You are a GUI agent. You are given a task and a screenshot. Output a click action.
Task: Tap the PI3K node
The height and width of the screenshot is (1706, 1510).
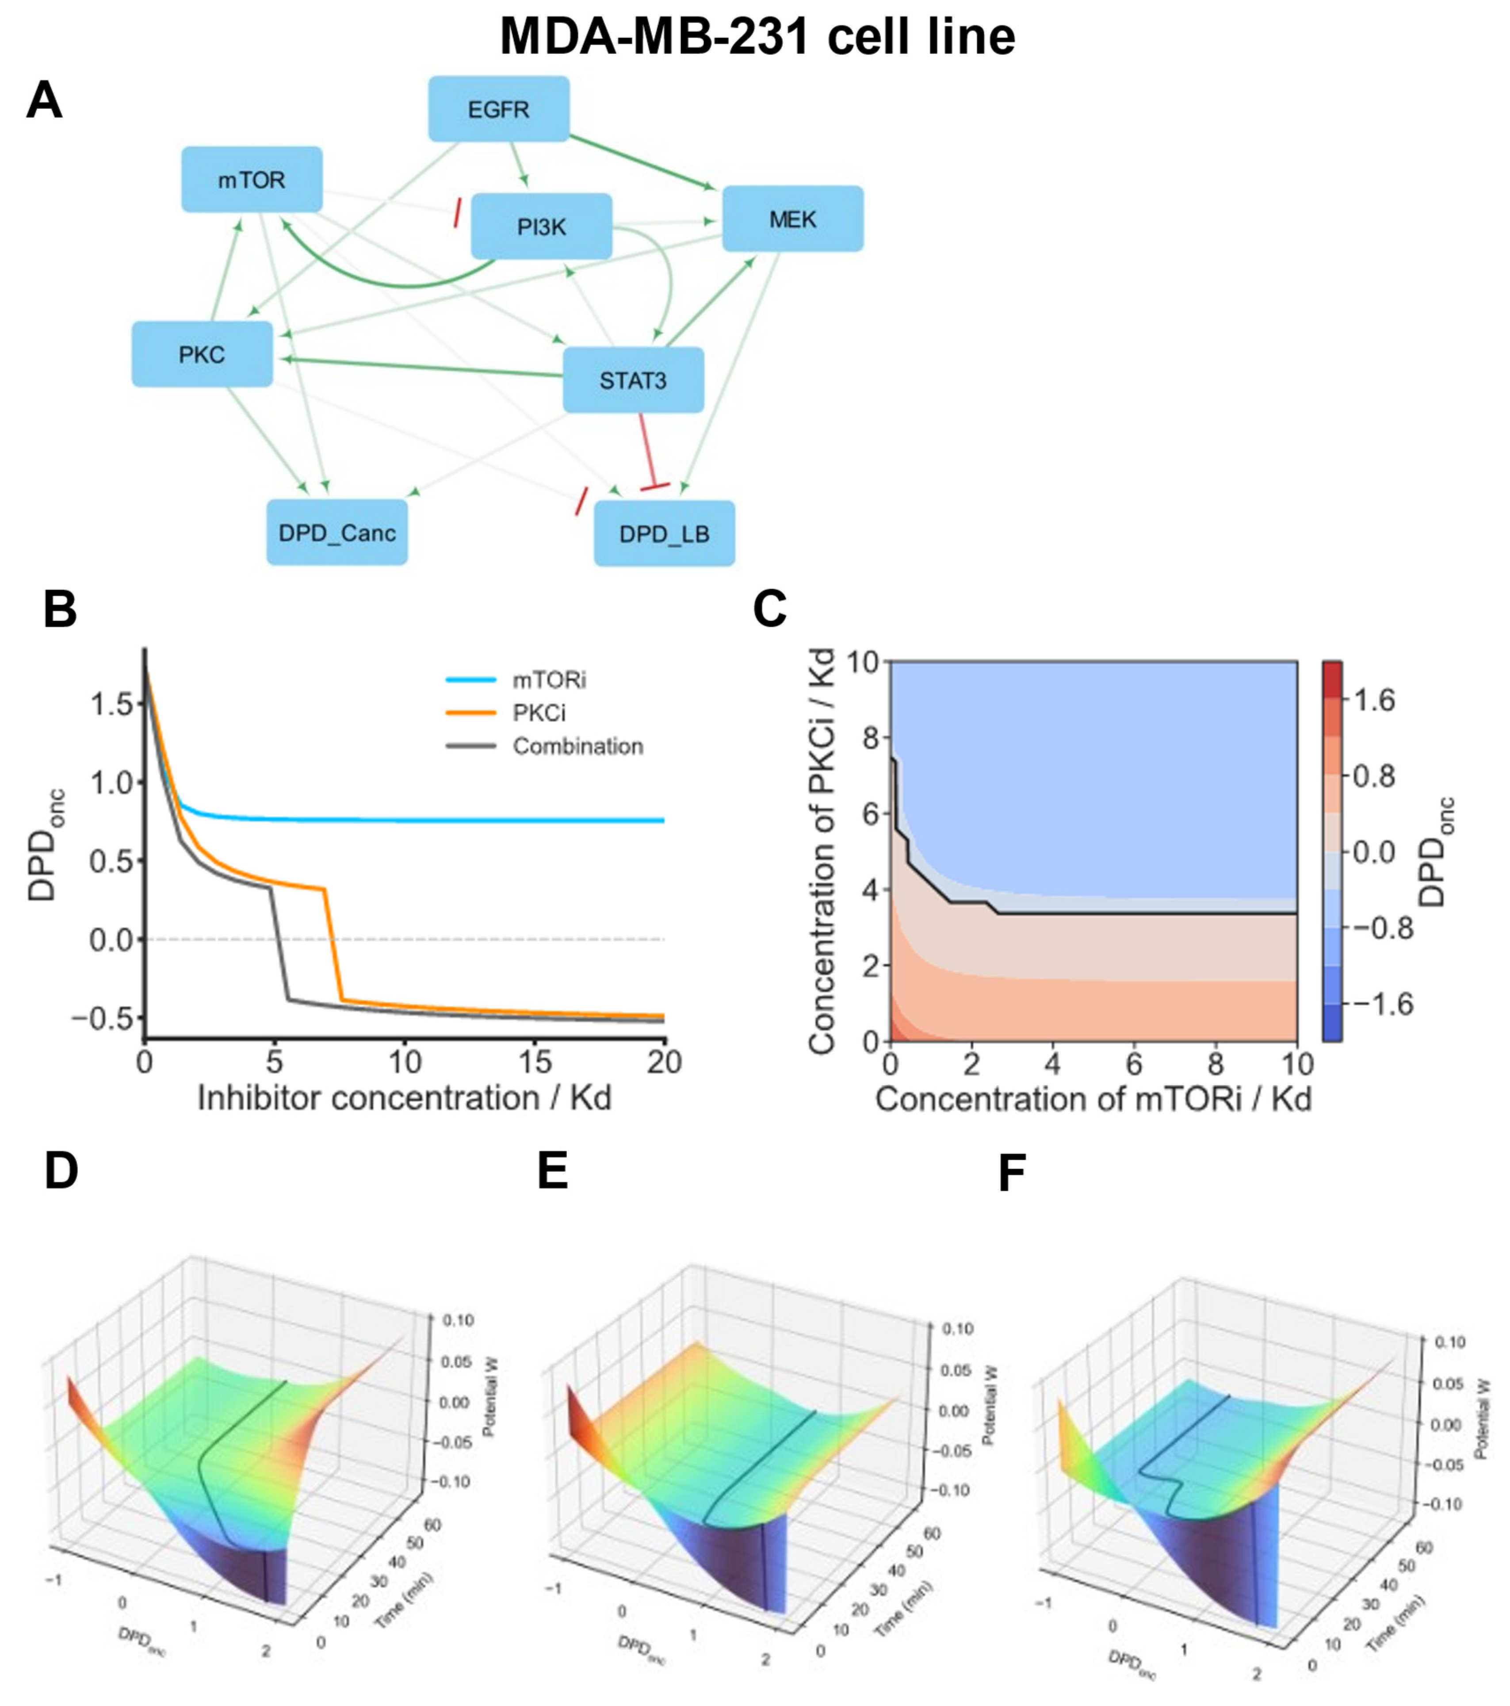541,226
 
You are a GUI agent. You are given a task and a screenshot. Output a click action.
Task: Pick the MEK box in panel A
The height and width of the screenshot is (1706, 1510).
792,219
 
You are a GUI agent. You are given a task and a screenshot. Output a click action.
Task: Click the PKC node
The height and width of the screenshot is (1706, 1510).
202,354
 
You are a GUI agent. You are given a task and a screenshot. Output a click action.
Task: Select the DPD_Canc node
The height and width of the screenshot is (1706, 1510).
337,533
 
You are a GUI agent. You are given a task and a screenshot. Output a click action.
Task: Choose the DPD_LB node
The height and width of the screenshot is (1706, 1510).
664,533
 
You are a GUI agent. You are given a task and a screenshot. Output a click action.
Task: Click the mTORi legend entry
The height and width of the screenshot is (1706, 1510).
548,680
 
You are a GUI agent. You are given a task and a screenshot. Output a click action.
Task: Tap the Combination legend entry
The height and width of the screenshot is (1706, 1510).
577,746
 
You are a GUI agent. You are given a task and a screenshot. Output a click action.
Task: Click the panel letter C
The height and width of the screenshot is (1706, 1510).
769,610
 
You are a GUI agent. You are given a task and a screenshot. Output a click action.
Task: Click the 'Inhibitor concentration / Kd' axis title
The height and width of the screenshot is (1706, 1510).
405,1097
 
